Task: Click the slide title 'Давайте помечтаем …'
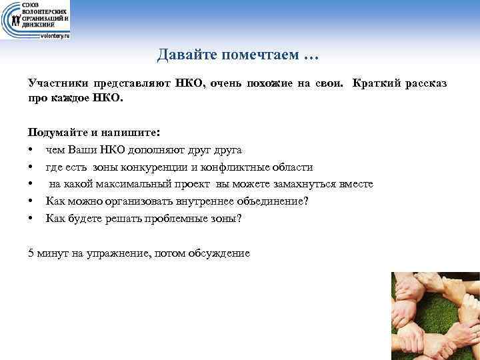pos(239,55)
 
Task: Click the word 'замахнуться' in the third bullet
pos(305,184)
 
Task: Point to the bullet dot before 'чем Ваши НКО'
pos(31,149)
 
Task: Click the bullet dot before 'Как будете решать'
pos(31,219)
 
